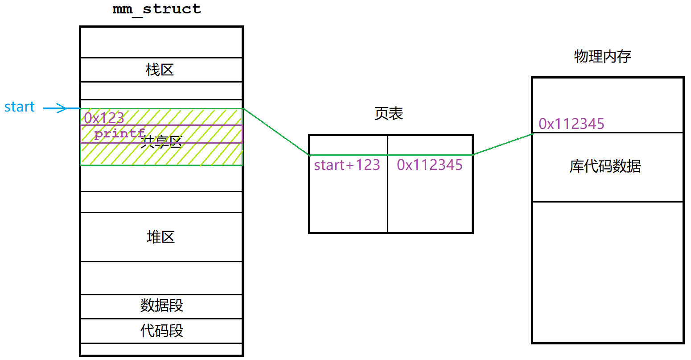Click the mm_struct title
(x=156, y=9)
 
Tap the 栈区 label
(x=160, y=70)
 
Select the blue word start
(x=20, y=107)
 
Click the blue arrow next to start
(x=55, y=108)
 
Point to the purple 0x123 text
(x=104, y=118)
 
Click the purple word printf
(x=119, y=133)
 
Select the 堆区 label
(x=160, y=237)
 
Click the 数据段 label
(x=161, y=306)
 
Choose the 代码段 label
(x=161, y=331)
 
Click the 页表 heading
(x=389, y=114)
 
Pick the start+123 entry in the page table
(x=347, y=165)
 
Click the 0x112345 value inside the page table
(x=430, y=165)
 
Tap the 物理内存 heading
(x=602, y=57)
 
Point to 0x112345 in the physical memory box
(x=572, y=124)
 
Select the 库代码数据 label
(x=605, y=166)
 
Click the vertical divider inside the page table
(x=387, y=196)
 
